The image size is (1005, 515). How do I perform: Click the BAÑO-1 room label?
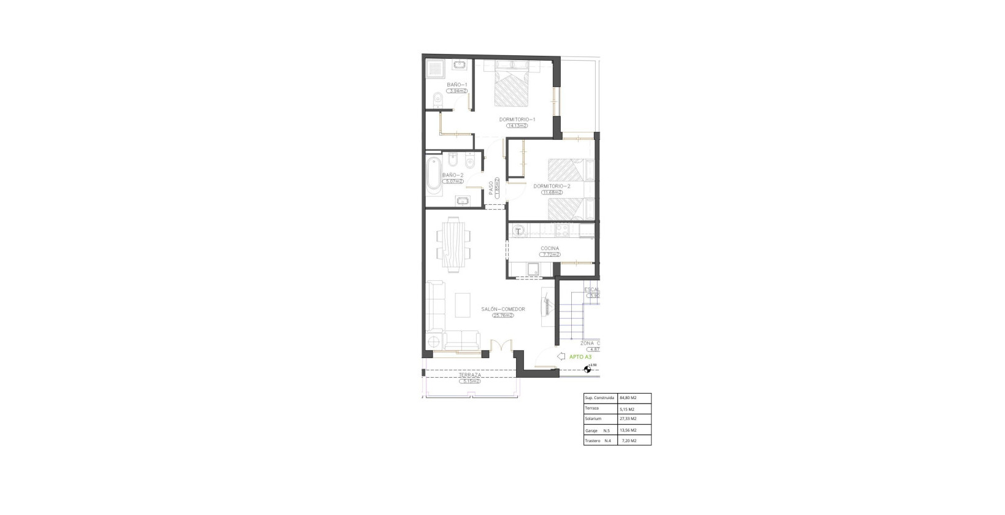tap(457, 85)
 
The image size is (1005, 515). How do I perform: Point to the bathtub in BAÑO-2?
tap(433, 174)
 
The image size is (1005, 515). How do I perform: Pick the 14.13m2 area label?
tap(517, 126)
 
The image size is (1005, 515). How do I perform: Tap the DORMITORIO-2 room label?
tap(552, 186)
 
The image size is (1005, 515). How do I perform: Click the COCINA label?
tap(550, 248)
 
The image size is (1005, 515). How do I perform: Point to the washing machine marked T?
tap(518, 231)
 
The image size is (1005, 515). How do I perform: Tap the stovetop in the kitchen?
tap(562, 231)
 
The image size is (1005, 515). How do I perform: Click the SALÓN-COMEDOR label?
tap(503, 310)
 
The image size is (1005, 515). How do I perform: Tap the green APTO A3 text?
tap(580, 357)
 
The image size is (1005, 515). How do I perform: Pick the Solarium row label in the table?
tap(593, 419)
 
